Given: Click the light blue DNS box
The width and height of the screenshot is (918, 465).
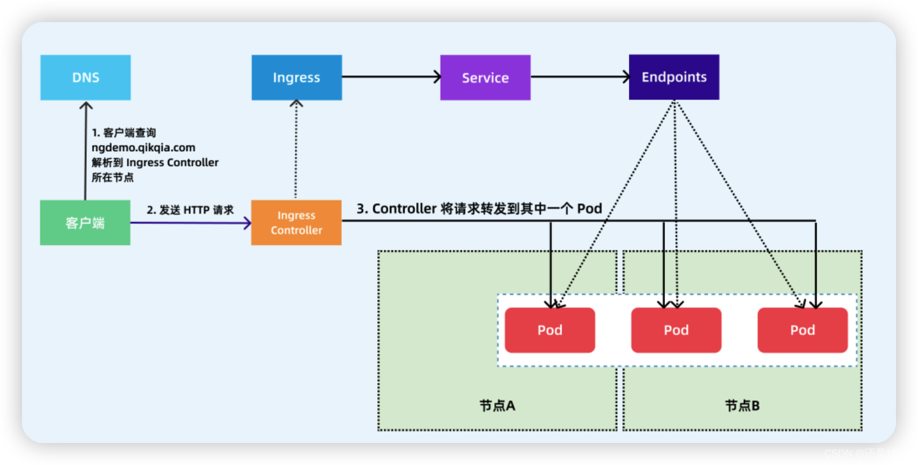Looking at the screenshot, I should (x=86, y=78).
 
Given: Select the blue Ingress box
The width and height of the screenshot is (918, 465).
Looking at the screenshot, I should (x=296, y=78).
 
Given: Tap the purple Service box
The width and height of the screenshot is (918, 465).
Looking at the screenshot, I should (x=485, y=78).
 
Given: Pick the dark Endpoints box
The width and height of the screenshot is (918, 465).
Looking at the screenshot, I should (x=674, y=77).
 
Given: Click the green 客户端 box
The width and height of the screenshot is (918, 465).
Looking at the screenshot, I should (x=85, y=223).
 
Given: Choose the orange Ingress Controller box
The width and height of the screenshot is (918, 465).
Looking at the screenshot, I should (x=296, y=223).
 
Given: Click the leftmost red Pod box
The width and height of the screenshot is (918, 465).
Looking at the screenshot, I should (x=549, y=330).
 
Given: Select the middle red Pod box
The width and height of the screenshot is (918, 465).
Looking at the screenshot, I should (x=676, y=330).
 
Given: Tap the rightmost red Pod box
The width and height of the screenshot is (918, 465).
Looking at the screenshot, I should (x=802, y=330).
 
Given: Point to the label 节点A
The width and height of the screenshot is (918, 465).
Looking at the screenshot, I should (x=498, y=406).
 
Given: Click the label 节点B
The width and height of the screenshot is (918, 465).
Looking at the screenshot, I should (x=743, y=406).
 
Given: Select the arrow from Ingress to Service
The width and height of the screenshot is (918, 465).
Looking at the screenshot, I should (x=391, y=76).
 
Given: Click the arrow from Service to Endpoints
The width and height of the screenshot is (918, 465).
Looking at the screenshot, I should (x=579, y=76).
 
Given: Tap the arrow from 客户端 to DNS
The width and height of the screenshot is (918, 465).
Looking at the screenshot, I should (x=85, y=150).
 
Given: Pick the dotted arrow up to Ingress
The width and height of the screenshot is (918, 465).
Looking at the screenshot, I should (x=296, y=150).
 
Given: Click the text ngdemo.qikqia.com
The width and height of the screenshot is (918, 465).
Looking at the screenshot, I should (x=144, y=147).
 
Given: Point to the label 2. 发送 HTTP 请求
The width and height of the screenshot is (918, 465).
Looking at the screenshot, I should (x=190, y=210).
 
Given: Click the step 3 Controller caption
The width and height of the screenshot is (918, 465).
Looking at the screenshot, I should (x=479, y=209).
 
